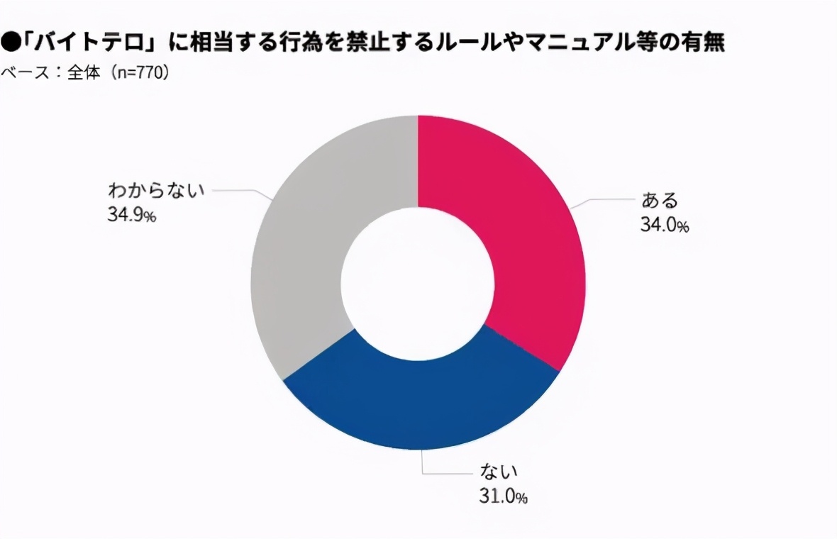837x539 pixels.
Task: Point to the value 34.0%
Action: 664,226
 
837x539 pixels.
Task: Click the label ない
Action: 500,470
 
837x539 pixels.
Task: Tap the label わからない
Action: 156,190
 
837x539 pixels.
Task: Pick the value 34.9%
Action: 132,215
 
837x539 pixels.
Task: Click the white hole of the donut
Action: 418,282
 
